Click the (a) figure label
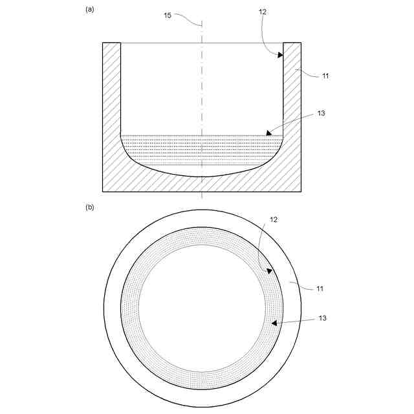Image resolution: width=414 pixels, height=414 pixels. click(x=90, y=10)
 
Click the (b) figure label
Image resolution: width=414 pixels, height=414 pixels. click(x=90, y=207)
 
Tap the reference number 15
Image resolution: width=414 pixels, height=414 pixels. click(x=168, y=16)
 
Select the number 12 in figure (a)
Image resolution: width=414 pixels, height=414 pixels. click(x=263, y=12)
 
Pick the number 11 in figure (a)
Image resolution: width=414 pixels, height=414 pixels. click(x=325, y=76)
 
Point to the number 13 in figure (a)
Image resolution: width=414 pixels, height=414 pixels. click(x=321, y=113)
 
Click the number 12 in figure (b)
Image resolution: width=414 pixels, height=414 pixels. click(x=274, y=220)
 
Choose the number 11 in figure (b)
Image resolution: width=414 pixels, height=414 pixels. click(x=320, y=289)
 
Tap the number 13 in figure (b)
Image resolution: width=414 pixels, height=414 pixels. click(x=322, y=318)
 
